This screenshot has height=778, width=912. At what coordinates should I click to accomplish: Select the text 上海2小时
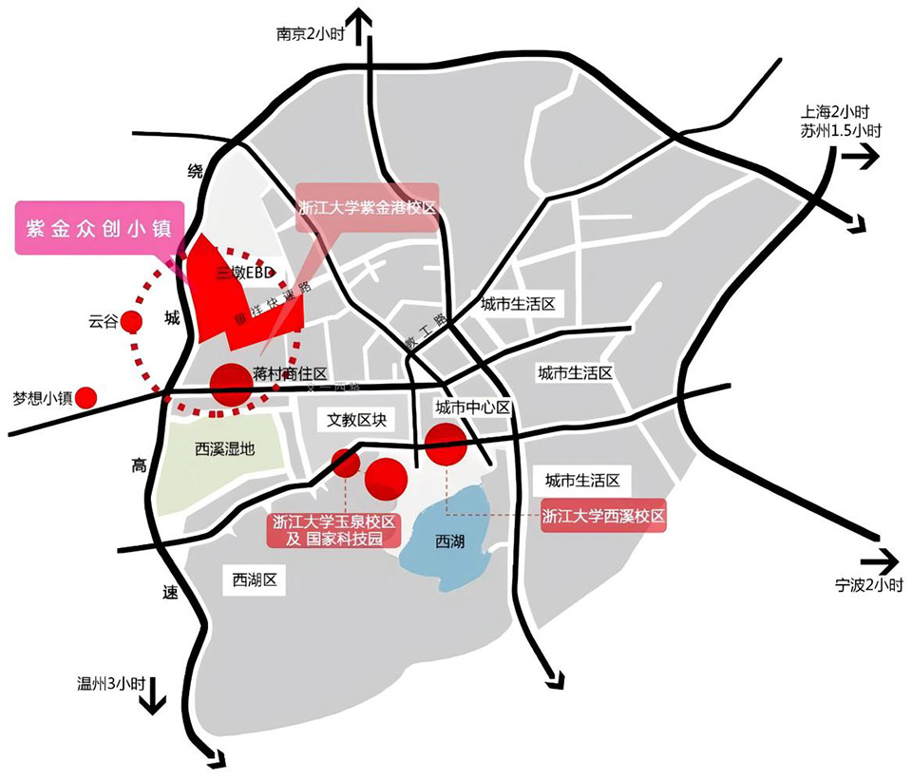836,111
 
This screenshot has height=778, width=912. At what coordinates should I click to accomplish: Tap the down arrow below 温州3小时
152,703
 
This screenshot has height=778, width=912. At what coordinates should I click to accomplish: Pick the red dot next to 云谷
130,321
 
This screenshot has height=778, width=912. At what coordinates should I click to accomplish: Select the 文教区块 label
353,419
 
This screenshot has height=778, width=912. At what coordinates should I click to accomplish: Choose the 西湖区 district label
254,579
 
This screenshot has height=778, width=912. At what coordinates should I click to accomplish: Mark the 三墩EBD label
245,274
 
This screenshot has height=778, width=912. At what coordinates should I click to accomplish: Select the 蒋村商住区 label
291,375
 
